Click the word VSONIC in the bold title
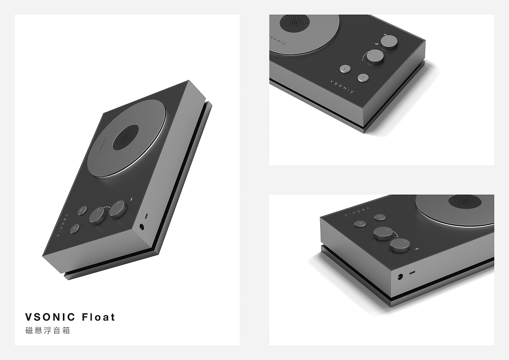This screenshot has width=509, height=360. [x=50, y=317]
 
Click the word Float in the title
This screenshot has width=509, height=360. [x=99, y=317]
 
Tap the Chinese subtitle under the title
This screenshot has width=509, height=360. [x=47, y=331]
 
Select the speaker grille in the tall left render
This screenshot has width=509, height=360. [x=126, y=138]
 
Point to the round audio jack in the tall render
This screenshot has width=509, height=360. [x=142, y=227]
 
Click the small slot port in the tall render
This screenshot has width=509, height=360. [x=146, y=216]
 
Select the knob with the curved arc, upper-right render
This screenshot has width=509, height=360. [x=375, y=57]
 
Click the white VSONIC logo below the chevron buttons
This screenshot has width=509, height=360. [x=342, y=86]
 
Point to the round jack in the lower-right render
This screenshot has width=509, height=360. [x=399, y=276]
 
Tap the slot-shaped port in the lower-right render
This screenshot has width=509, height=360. [x=412, y=273]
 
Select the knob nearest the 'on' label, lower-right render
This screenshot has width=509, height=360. [x=400, y=244]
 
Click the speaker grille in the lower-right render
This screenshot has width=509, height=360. [x=465, y=201]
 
